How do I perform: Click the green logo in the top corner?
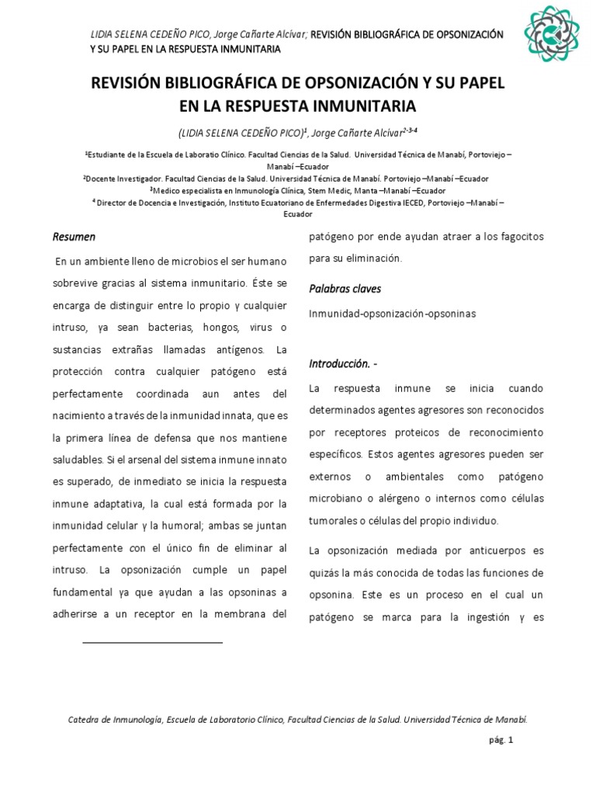[551, 34]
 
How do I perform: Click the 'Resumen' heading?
[74, 236]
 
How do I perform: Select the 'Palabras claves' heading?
[345, 289]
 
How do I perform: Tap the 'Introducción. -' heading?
[345, 363]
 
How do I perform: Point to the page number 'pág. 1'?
[501, 741]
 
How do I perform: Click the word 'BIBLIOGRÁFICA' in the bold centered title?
[224, 83]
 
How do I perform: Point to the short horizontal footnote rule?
[152, 643]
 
